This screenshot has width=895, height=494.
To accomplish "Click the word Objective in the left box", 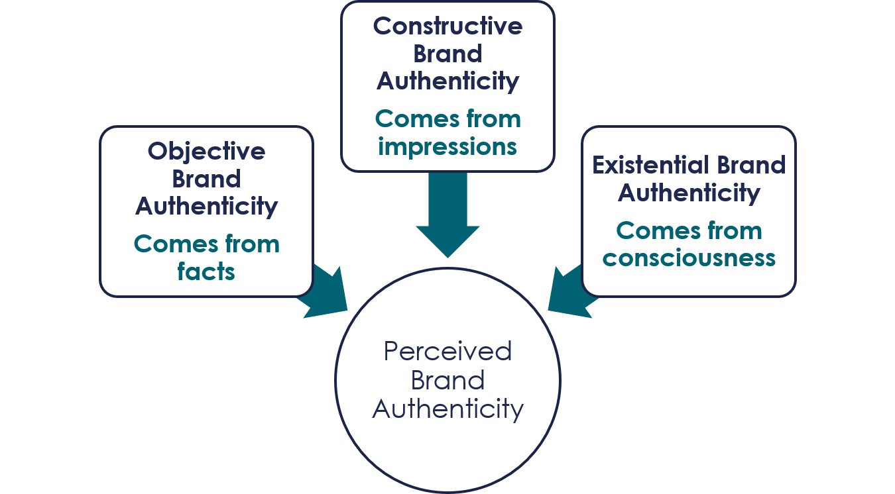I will (206, 152).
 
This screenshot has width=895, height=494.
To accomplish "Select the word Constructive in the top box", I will (447, 26).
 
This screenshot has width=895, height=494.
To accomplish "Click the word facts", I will (206, 272).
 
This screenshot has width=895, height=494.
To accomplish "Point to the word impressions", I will (447, 147).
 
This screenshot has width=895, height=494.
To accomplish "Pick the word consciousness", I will (689, 258).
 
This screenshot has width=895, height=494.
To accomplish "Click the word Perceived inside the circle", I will (447, 351).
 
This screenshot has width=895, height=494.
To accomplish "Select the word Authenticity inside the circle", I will (447, 409).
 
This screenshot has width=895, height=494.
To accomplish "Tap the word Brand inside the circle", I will (447, 380).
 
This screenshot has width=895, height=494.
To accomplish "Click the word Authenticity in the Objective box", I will (206, 207).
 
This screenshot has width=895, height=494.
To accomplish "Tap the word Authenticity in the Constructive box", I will (447, 81).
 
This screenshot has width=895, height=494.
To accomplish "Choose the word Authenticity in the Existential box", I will (689, 193).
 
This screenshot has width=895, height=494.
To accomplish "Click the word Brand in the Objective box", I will (206, 179).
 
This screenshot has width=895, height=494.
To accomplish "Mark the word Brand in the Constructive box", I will (447, 54).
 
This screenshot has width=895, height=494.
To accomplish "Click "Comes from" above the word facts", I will (206, 244).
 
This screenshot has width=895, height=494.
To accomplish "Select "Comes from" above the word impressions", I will (447, 119).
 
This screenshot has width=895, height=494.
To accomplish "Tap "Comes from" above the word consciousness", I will (689, 231).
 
